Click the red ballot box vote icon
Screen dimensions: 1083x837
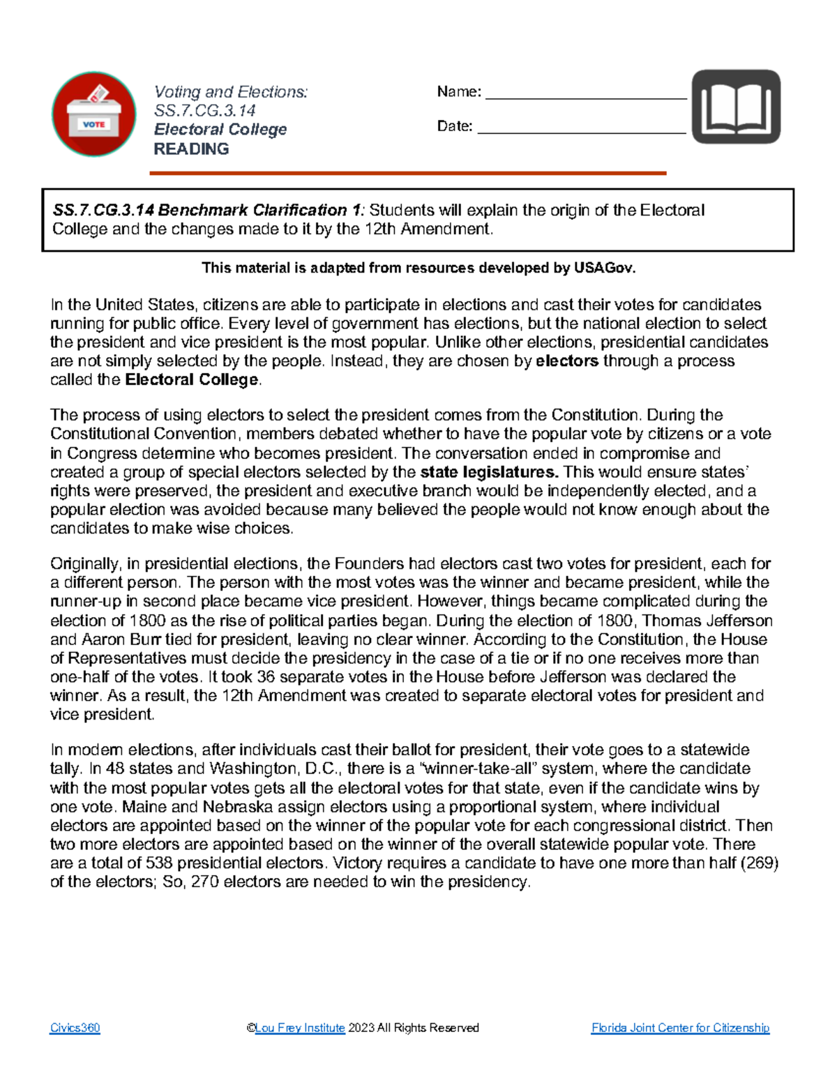tap(94, 114)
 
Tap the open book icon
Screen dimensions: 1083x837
tap(736, 107)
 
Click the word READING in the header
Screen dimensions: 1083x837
tap(191, 149)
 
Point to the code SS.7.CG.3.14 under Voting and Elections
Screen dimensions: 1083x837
tap(204, 111)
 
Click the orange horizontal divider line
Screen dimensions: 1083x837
tap(408, 173)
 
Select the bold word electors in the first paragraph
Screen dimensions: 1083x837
tap(566, 361)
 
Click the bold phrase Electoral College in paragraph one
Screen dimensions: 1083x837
tap(192, 380)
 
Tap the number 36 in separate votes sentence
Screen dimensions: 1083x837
tap(266, 677)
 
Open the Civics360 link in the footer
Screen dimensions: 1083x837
tap(75, 1028)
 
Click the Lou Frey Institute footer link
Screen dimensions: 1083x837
tap(300, 1028)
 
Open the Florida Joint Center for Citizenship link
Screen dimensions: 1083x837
tap(680, 1028)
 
